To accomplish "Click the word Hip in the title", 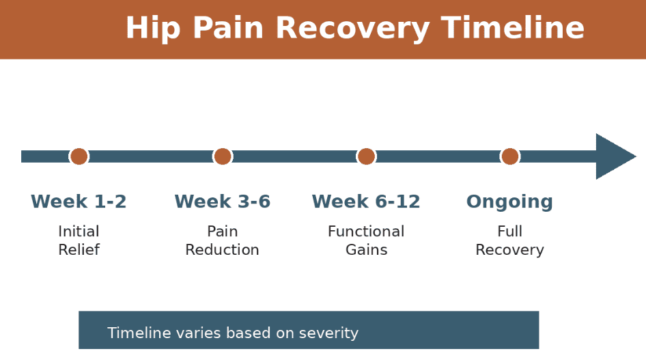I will click(x=151, y=29).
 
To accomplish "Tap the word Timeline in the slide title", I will click(x=513, y=29).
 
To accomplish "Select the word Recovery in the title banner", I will click(x=352, y=29).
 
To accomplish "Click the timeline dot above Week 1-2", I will click(x=79, y=156).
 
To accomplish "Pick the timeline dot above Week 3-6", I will click(x=223, y=156).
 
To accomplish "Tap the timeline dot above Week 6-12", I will click(x=366, y=156).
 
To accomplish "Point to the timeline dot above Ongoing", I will click(x=510, y=156).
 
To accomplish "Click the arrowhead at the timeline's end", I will click(x=615, y=156).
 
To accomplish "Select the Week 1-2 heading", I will click(x=79, y=202).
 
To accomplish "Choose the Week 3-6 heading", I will click(x=223, y=202).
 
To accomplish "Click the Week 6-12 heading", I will click(x=366, y=202).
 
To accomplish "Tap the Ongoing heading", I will click(x=509, y=202).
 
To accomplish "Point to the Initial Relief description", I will click(x=79, y=240).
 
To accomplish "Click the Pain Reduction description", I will click(x=223, y=240).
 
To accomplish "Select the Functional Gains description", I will click(x=366, y=240).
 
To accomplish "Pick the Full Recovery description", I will click(x=509, y=240).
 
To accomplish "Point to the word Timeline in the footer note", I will click(x=139, y=333).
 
